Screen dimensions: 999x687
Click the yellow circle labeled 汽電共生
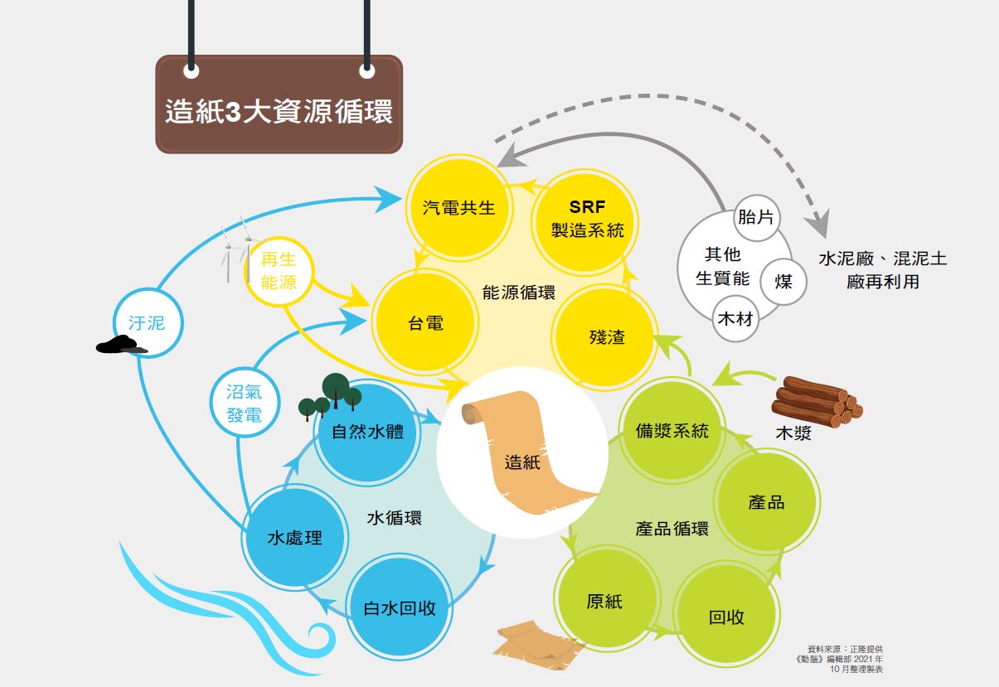459,208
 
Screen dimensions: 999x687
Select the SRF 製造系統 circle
584,221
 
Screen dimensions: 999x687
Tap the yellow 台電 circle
425,322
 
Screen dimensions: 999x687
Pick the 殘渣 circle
605,336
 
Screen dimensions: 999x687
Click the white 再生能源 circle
279,271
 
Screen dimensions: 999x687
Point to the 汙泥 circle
148,322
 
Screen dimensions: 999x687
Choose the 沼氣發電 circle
245,402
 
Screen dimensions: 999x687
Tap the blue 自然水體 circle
367,432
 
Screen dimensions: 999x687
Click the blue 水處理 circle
295,537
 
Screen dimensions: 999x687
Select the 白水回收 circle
400,607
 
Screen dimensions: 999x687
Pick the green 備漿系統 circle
672,431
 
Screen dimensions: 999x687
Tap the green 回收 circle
726,614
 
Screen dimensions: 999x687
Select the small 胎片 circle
756,218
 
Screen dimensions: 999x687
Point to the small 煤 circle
783,282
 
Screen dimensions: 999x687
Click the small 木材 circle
735,318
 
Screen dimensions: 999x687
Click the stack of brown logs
817,402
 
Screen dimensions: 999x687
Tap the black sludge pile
120,344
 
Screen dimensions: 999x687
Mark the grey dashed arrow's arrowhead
819,224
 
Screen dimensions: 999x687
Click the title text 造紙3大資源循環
279,111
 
